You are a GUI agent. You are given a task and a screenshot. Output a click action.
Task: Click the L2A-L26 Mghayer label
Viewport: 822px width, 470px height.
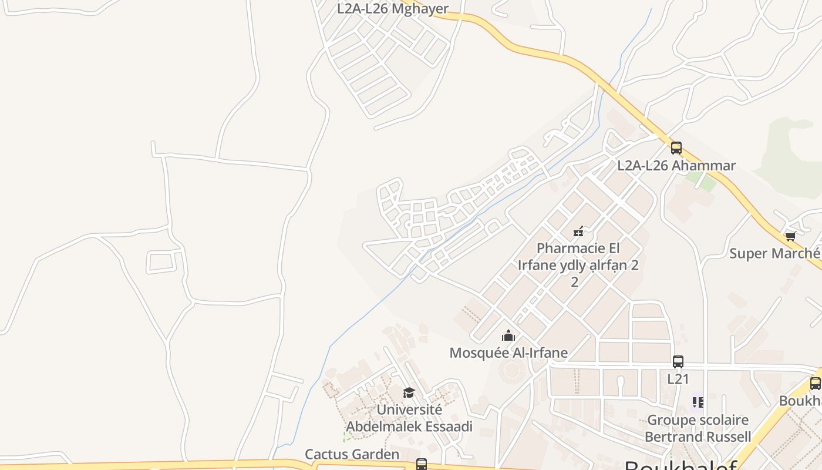click(x=392, y=9)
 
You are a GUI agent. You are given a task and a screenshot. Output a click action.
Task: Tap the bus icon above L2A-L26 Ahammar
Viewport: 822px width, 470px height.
click(x=676, y=147)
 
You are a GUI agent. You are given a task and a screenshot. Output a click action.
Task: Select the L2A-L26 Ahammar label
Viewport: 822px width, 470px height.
click(x=676, y=166)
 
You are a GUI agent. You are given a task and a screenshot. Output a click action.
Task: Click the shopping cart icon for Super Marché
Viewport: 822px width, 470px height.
click(x=790, y=236)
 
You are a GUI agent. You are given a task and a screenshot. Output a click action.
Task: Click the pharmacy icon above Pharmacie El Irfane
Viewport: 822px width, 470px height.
click(x=578, y=231)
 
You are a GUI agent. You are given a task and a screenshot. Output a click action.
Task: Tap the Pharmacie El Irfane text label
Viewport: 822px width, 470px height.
click(x=578, y=264)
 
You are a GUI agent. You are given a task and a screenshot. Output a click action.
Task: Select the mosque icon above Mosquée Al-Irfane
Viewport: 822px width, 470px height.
click(x=508, y=335)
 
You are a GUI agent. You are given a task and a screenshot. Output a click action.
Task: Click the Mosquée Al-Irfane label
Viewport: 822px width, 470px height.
click(x=508, y=353)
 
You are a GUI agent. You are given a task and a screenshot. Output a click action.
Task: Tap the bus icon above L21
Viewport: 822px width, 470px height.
click(x=678, y=362)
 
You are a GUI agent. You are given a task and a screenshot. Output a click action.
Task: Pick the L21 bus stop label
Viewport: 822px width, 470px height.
click(x=678, y=379)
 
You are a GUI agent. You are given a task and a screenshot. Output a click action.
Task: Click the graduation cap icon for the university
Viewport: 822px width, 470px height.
click(x=409, y=392)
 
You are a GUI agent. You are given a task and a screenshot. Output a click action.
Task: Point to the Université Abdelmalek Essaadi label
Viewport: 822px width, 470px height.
click(x=409, y=418)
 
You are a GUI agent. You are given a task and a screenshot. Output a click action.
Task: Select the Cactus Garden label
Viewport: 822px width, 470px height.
click(x=352, y=454)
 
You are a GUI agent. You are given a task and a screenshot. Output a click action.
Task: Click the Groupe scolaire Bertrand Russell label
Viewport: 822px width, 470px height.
click(x=698, y=428)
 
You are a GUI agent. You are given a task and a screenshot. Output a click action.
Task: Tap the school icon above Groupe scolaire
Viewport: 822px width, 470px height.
click(x=698, y=402)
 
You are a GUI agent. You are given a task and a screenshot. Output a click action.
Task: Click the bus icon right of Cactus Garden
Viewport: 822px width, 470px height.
click(x=422, y=464)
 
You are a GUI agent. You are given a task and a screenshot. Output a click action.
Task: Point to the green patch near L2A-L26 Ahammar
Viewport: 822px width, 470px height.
click(x=708, y=183)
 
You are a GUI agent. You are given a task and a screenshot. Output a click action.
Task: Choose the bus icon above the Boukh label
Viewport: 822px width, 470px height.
click(x=815, y=384)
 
